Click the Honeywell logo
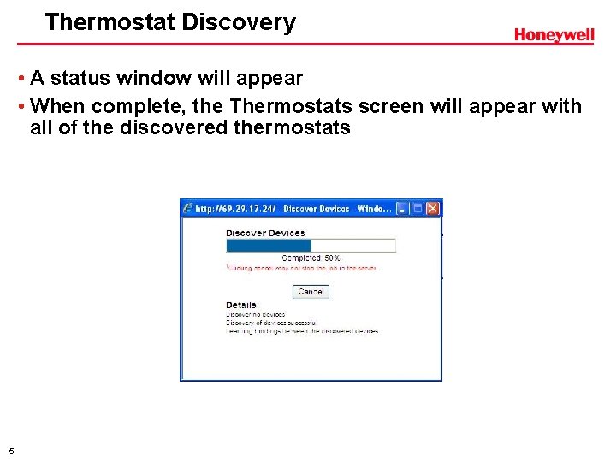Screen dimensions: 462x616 pos(554,34)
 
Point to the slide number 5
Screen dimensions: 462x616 pos(10,451)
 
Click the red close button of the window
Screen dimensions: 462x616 pos(432,208)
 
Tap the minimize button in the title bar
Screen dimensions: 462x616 pos(402,208)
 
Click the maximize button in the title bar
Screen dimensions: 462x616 pos(418,208)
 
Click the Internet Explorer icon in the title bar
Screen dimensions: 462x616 pos(187,208)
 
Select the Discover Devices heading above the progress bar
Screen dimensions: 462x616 pos(265,233)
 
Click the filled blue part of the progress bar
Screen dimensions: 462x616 pos(268,246)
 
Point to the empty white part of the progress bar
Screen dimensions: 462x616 pos(353,246)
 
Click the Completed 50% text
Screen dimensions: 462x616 pos(311,258)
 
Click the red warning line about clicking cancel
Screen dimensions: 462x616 pos(301,268)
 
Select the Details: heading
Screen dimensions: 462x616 pos(242,305)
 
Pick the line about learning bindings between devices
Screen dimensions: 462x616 pos(301,331)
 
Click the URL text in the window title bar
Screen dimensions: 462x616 pos(236,208)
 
